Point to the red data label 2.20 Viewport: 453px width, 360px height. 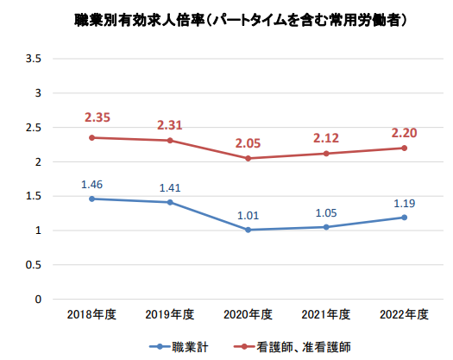pos(405,133)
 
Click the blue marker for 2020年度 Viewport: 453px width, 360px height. pos(248,230)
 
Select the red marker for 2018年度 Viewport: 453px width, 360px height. pos(93,137)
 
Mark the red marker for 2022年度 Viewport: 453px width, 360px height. pos(404,148)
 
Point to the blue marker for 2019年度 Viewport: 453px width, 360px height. pos(170,202)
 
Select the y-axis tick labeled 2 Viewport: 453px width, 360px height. pos(39,161)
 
